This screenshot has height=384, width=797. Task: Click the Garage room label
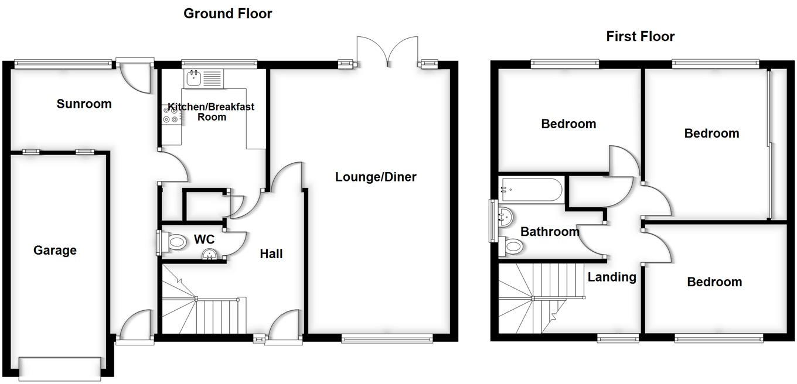(55, 251)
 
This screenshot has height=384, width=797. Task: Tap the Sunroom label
(84, 104)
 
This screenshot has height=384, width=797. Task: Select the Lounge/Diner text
(376, 177)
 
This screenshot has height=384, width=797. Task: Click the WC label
(204, 240)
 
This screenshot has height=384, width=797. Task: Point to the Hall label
(271, 254)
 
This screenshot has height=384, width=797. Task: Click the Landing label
(612, 277)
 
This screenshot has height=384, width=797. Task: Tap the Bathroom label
(550, 232)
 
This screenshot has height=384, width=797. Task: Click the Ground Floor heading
(227, 13)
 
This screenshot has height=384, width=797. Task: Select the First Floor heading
(640, 37)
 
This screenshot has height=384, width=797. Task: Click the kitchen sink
(193, 78)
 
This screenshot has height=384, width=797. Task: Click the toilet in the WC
(173, 241)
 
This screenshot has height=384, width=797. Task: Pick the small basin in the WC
(209, 255)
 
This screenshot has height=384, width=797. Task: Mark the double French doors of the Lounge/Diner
(387, 52)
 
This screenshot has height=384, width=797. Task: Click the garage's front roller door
(59, 368)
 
